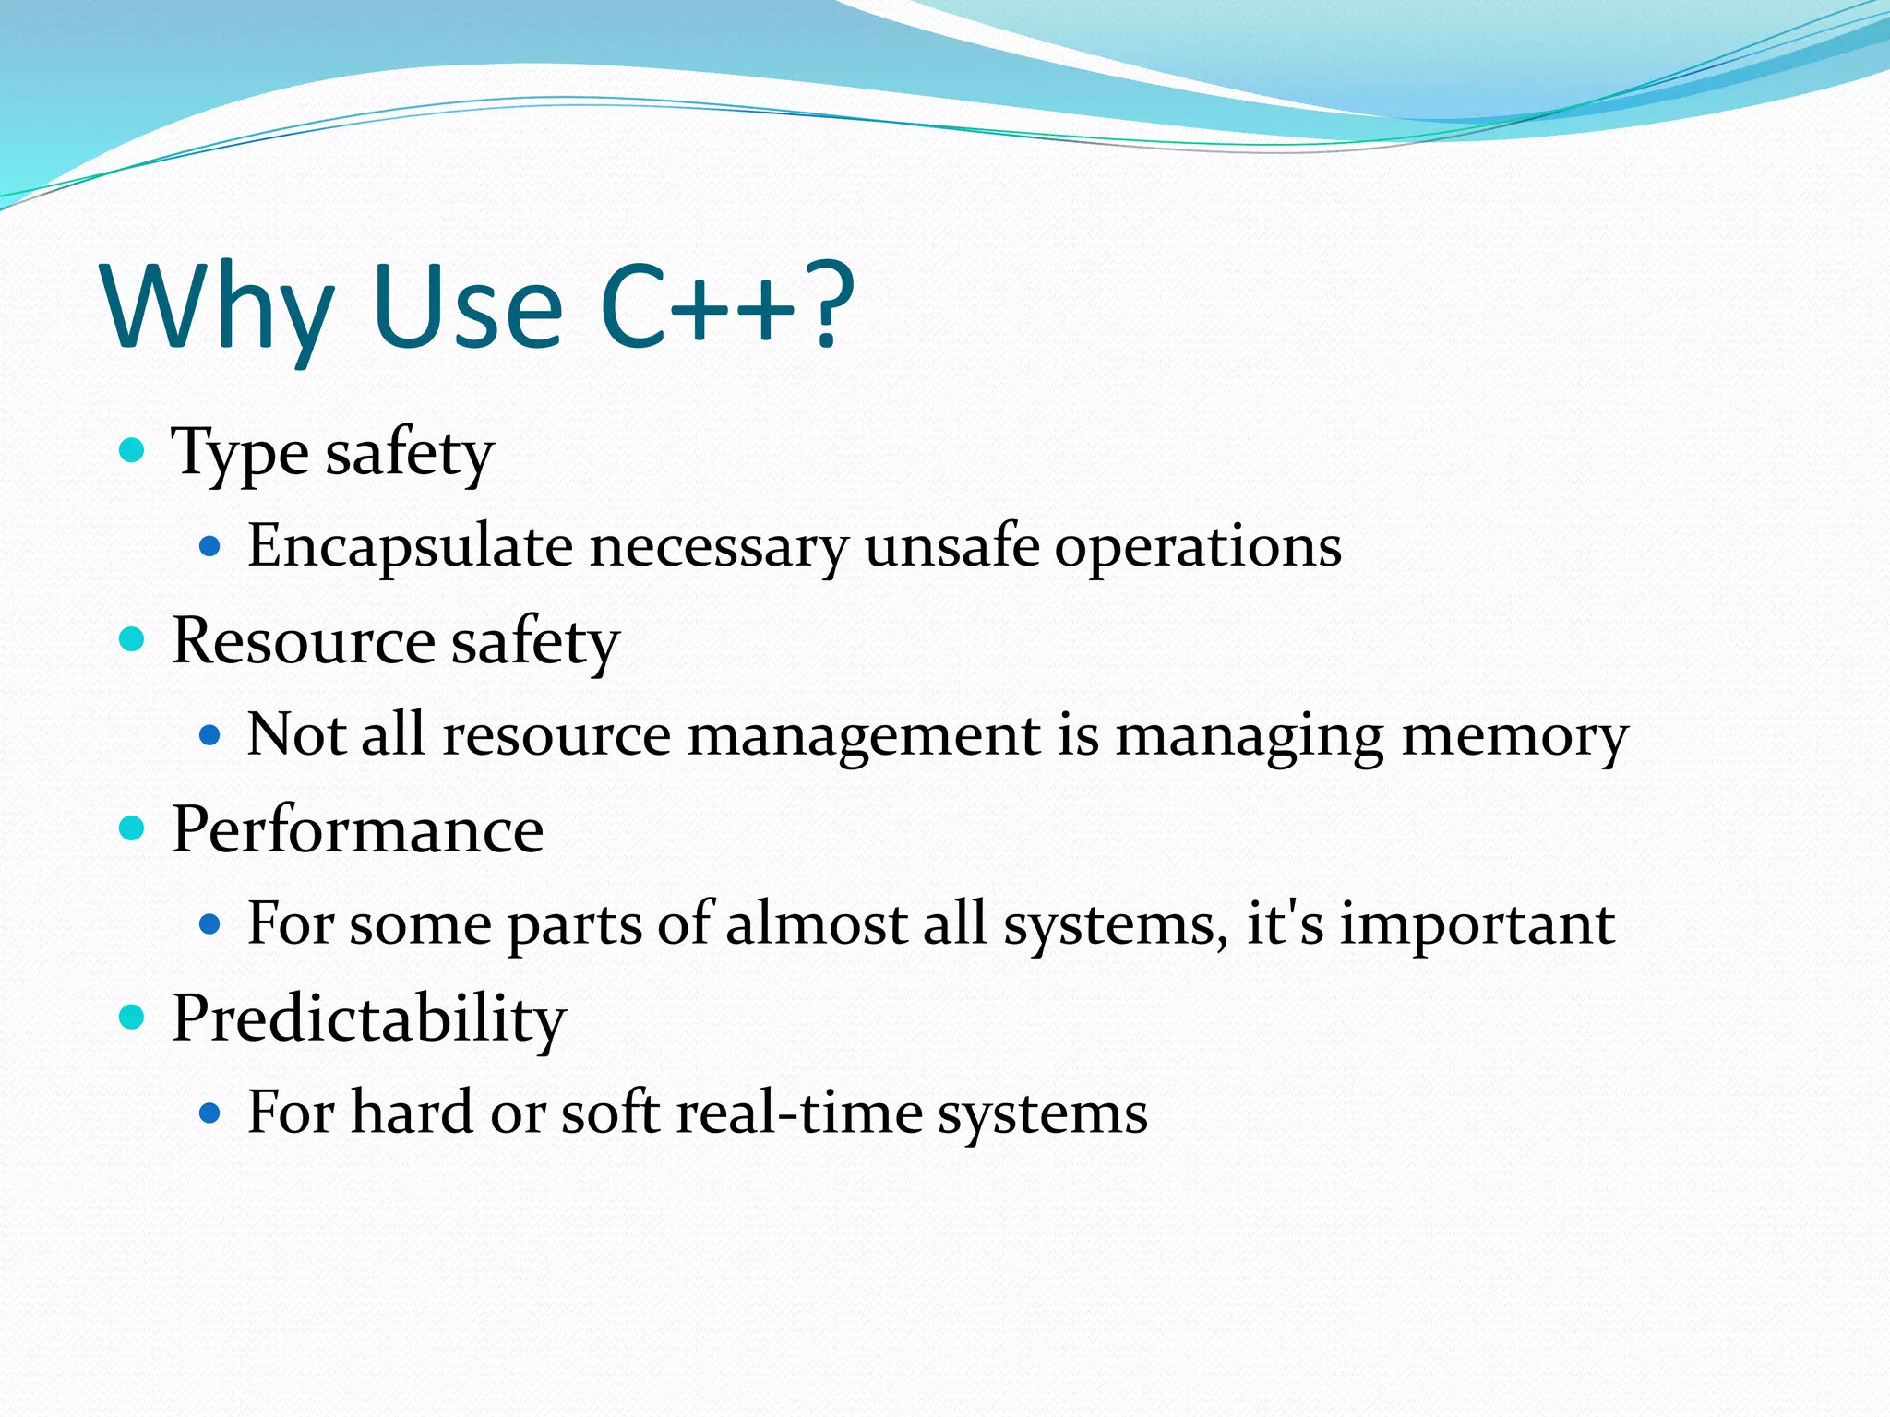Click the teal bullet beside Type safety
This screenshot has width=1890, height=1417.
[133, 451]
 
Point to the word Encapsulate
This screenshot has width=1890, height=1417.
[410, 547]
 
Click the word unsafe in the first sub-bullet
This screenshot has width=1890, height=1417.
[951, 545]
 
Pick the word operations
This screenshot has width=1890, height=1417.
[1198, 547]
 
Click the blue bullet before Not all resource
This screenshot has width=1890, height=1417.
[210, 735]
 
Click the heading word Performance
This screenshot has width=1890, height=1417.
[358, 829]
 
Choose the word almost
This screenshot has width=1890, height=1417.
[816, 923]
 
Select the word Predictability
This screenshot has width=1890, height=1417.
[369, 1019]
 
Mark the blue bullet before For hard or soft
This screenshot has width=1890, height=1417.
[210, 1113]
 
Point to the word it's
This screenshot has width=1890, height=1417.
[1285, 923]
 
